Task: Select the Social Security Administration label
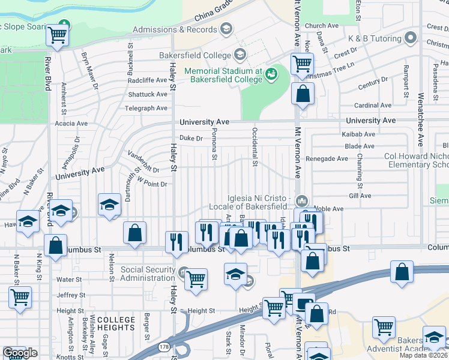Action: click(148, 274)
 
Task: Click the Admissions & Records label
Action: click(174, 29)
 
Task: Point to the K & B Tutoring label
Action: click(374, 38)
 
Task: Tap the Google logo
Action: click(20, 352)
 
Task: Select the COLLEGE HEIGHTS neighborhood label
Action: click(116, 324)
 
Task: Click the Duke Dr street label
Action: click(191, 138)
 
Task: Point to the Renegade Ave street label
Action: click(327, 159)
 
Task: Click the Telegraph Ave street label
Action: click(146, 109)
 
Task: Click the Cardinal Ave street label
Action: click(373, 106)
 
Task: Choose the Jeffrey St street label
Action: click(71, 295)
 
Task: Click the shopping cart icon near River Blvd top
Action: click(58, 35)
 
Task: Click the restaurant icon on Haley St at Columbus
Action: click(176, 242)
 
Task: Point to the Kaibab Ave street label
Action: click(358, 134)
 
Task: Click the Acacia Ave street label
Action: click(71, 124)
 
